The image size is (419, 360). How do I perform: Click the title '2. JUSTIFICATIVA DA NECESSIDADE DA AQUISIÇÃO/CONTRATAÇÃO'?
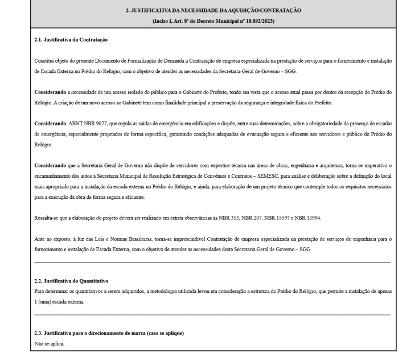click(213, 11)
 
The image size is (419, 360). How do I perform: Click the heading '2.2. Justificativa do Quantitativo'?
click(71, 281)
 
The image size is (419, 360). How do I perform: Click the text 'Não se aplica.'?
click(50, 344)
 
